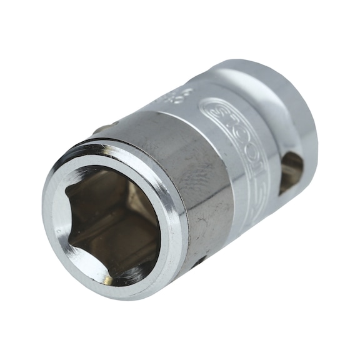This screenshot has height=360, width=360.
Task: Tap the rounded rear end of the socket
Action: (294, 112)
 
